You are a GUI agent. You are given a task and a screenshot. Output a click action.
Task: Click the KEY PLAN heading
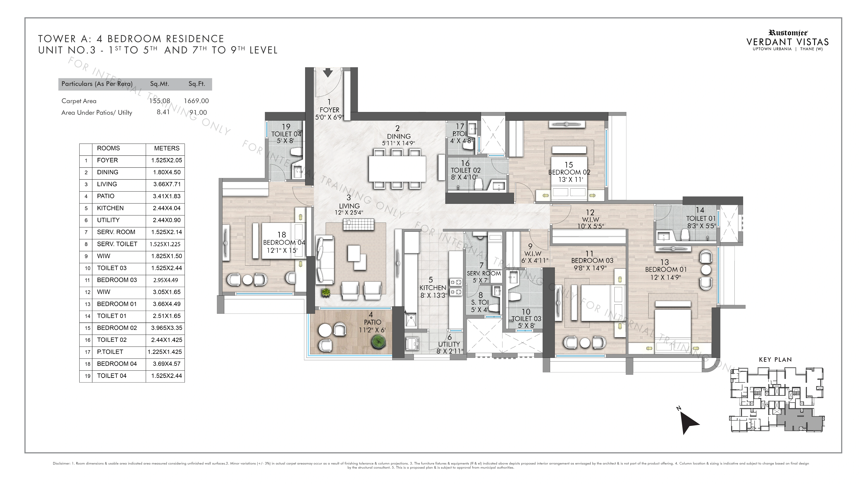point(775,360)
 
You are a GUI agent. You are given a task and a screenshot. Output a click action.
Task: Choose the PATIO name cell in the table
point(105,196)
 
